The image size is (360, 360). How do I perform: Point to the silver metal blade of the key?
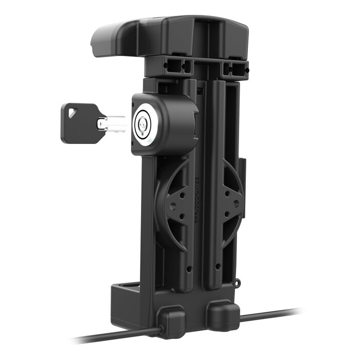(111, 123)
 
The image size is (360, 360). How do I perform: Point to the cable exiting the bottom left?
(113, 337)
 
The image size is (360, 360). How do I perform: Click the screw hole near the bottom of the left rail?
(189, 269)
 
